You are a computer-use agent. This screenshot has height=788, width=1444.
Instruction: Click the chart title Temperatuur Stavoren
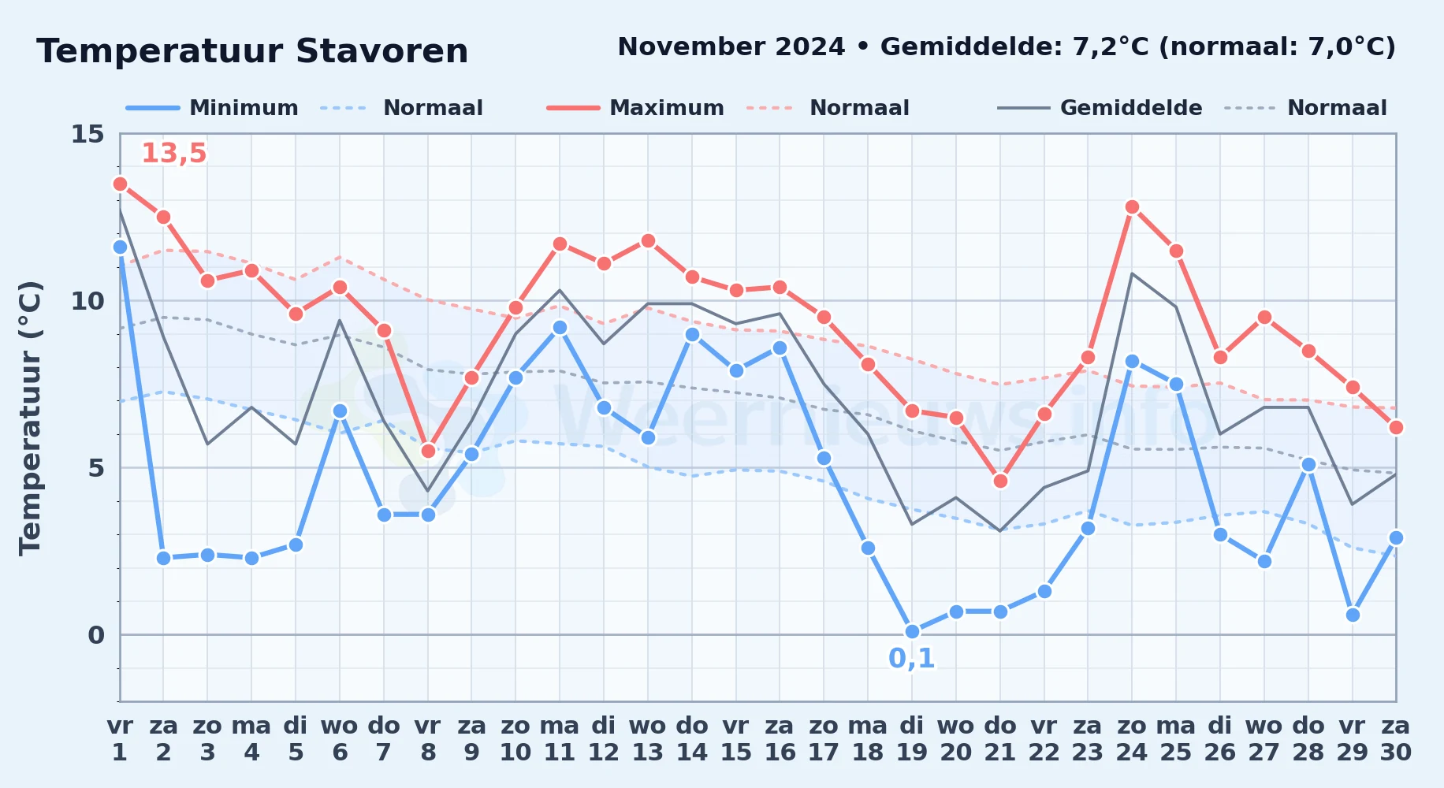point(252,51)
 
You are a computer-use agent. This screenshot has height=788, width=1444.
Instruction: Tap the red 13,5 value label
point(173,154)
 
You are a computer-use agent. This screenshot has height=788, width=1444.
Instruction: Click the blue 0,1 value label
point(912,659)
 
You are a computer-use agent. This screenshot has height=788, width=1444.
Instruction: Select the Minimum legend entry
point(213,108)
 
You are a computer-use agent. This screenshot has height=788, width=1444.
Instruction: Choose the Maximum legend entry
point(636,108)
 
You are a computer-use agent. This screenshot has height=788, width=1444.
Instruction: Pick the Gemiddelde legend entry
point(1100,108)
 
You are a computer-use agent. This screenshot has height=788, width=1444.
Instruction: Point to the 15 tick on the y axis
point(87,134)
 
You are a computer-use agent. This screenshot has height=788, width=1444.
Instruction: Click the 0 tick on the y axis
point(96,635)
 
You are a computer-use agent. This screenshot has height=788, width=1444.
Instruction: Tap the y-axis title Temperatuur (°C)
point(30,418)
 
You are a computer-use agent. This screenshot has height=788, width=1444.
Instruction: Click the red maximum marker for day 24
point(1132,207)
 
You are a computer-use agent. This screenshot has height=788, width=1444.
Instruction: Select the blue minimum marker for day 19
point(912,632)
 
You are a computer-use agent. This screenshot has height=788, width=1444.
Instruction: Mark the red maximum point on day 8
point(428,452)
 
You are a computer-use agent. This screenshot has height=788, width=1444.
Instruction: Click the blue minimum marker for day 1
point(120,247)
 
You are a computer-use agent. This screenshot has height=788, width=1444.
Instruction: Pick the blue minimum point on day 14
point(692,335)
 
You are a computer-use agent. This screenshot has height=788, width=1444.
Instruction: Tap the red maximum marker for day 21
point(1000,481)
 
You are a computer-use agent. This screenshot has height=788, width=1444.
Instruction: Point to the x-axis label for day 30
point(1396,739)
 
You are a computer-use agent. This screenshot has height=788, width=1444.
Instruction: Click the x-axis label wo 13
point(648,739)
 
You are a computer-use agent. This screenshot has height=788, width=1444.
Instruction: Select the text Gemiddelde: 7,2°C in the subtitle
point(1015,47)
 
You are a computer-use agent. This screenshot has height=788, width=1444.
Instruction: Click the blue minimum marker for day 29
point(1353,615)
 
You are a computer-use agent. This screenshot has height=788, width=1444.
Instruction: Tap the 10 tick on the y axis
point(87,301)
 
